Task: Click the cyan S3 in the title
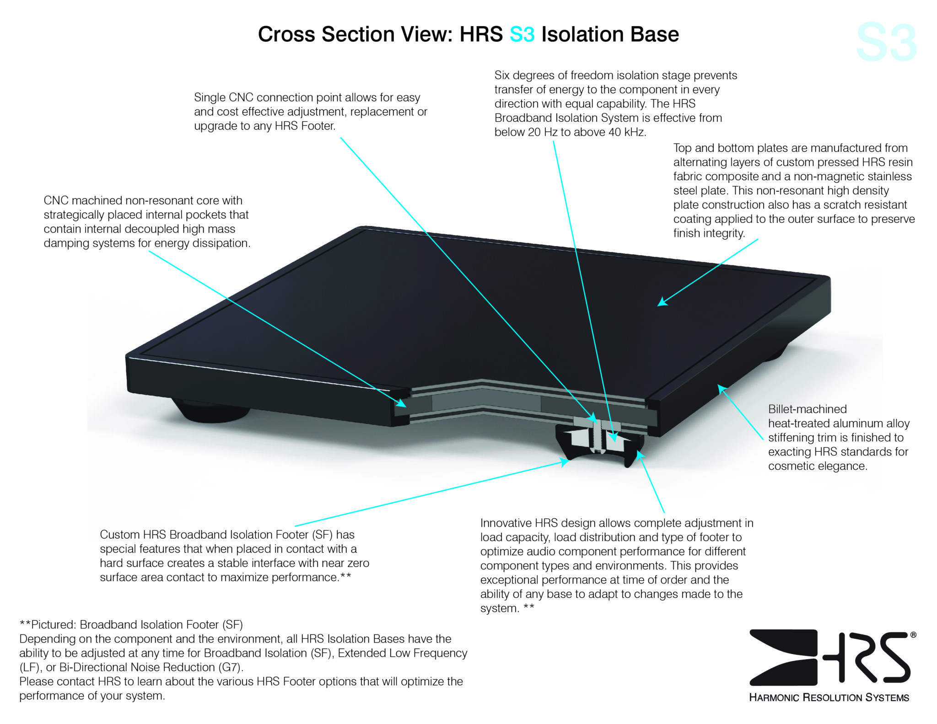click(522, 35)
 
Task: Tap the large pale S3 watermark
click(886, 43)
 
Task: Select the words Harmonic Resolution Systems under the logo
click(829, 697)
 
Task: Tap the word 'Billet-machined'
click(807, 409)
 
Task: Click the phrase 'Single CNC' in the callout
click(222, 97)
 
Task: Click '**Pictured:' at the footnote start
click(48, 625)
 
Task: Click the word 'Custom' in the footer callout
click(119, 535)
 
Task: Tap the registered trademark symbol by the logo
click(913, 635)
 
